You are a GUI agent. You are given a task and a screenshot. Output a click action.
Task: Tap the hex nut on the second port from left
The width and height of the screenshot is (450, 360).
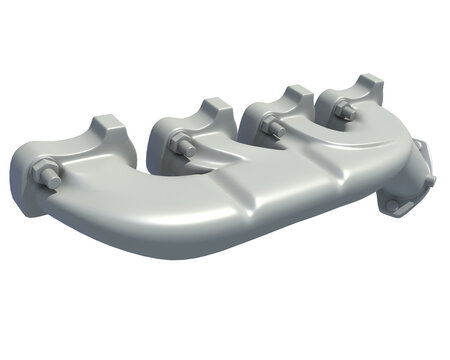coord(183,145)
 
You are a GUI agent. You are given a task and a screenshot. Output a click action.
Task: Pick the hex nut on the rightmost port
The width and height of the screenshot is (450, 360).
coord(343,111)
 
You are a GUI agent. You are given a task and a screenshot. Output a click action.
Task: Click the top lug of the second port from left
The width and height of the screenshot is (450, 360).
coord(216,107)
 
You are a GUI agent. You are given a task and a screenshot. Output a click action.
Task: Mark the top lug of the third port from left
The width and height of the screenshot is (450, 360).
coord(296,96)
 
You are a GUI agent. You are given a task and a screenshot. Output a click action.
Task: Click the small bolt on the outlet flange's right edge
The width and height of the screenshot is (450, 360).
coord(430,181)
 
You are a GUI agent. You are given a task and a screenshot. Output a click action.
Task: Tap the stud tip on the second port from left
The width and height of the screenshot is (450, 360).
coord(175,141)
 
